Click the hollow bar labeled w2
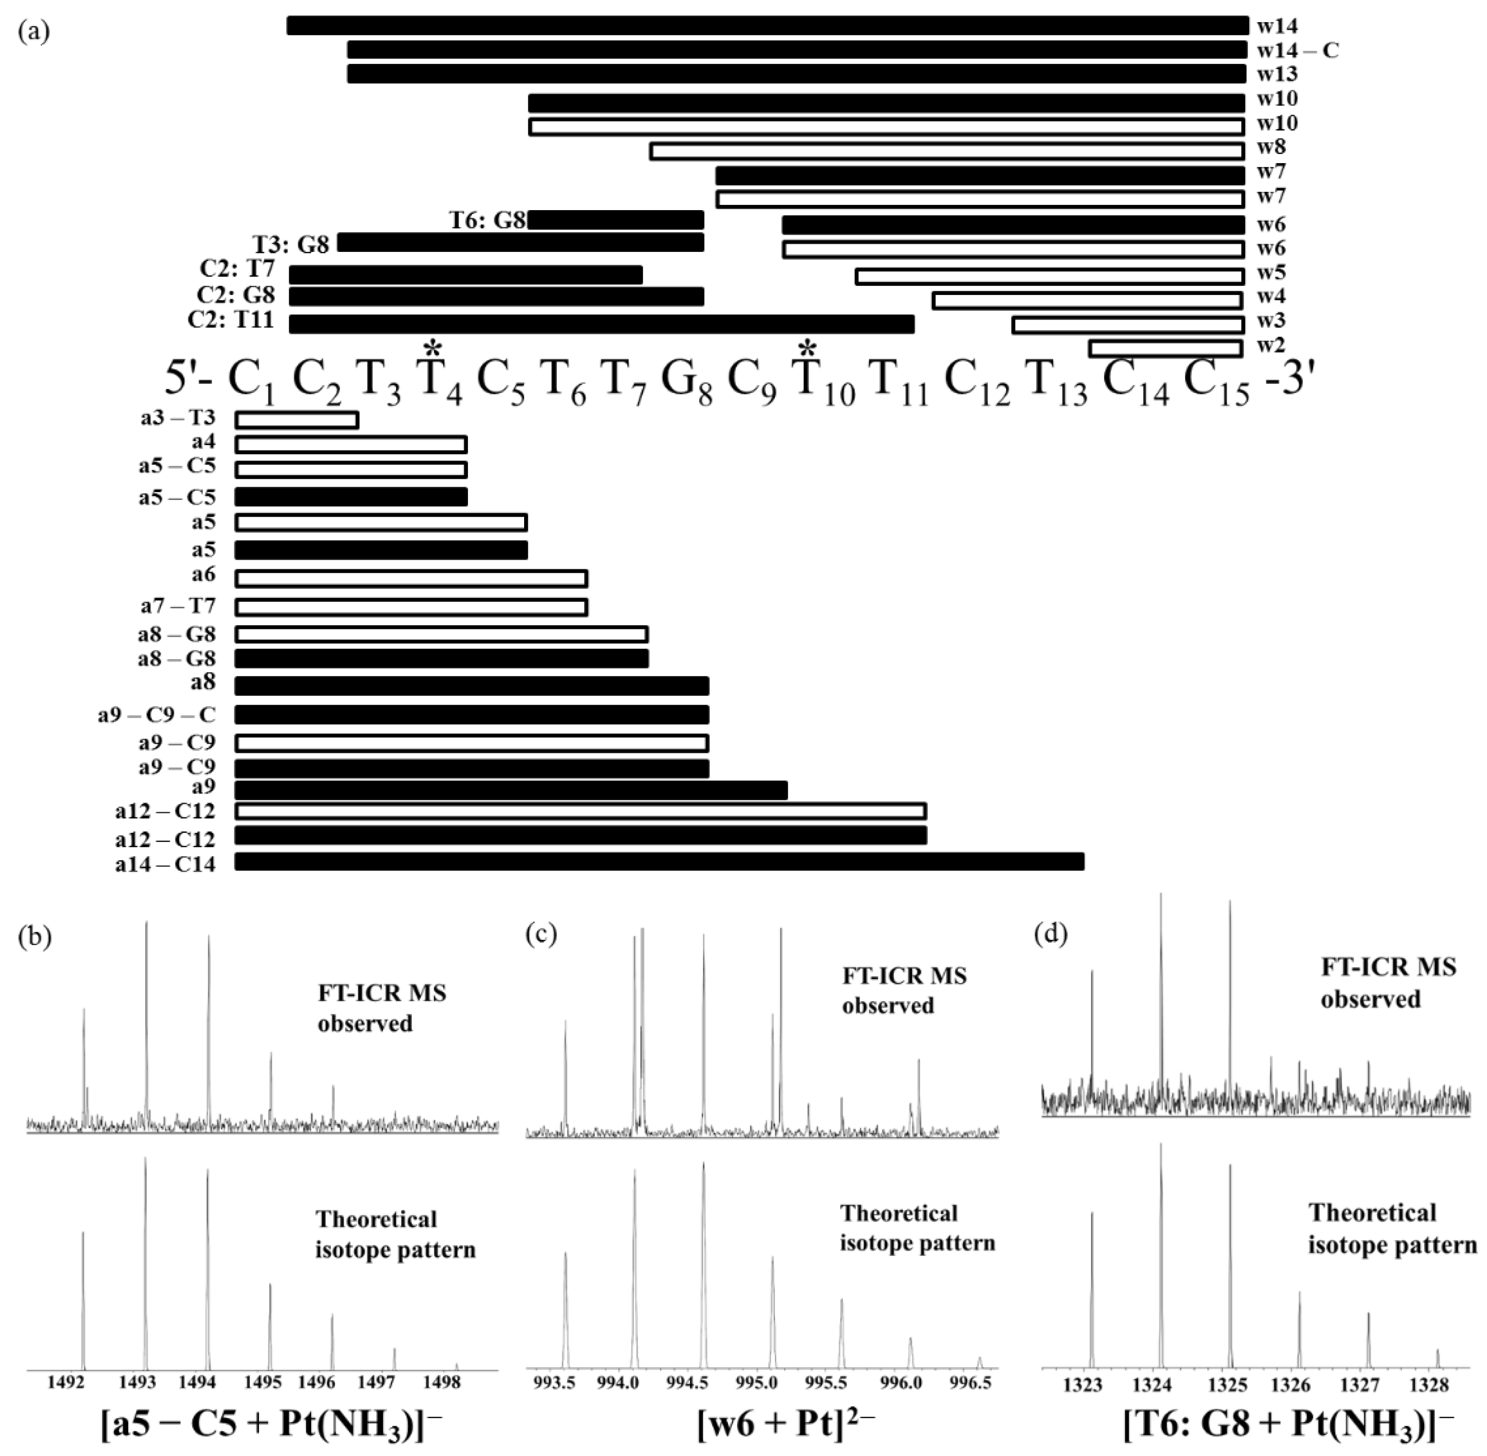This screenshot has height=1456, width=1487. tap(1165, 349)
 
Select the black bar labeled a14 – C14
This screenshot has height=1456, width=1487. tap(659, 862)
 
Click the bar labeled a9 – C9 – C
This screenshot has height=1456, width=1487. tap(472, 715)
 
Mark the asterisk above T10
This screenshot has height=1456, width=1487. tap(806, 349)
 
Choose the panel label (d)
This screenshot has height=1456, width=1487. tap(1051, 935)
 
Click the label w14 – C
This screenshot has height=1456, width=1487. tap(1298, 50)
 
